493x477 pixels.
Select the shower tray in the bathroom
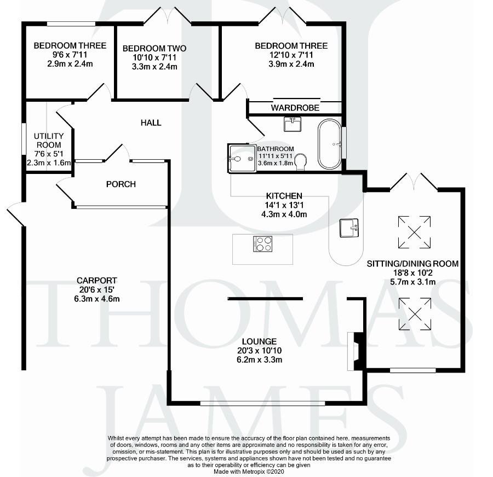242,158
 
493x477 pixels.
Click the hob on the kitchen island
263,244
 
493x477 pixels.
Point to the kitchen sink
349,227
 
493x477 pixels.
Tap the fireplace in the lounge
356,352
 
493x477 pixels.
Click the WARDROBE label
295,108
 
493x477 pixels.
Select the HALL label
151,123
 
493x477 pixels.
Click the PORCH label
121,184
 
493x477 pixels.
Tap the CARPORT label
97,281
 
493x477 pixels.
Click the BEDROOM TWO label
154,48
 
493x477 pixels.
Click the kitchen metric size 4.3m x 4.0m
284,214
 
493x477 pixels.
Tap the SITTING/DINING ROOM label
412,264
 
